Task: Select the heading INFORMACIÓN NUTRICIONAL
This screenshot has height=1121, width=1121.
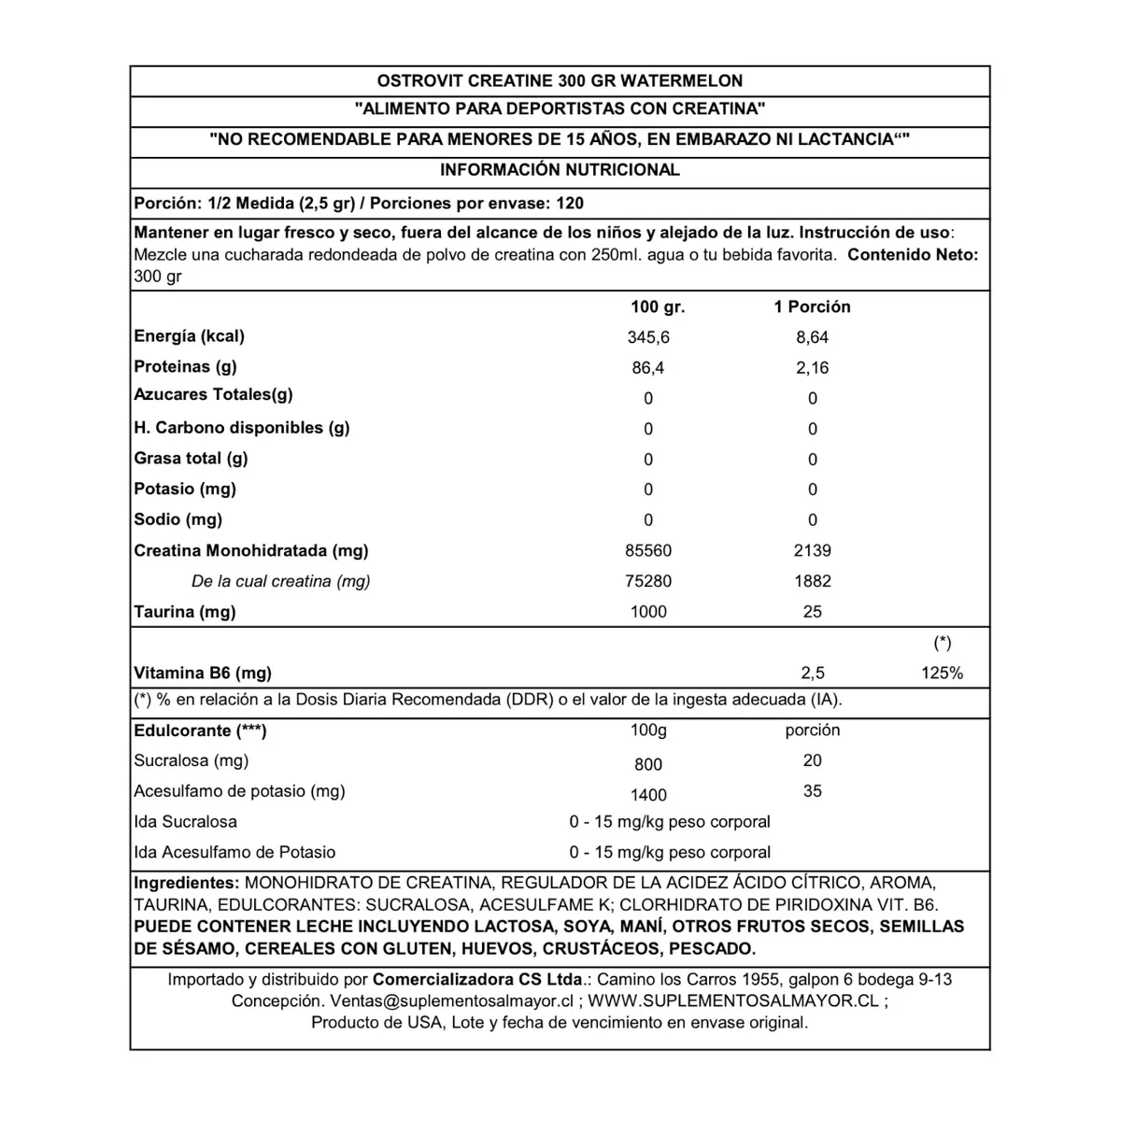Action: (560, 170)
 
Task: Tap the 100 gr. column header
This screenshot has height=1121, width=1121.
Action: (658, 306)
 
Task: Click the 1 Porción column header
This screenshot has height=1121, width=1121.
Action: (812, 306)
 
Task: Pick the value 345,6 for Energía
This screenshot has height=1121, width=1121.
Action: (648, 337)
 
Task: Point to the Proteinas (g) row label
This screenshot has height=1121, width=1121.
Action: (185, 366)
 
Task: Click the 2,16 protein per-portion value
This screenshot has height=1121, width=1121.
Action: (812, 368)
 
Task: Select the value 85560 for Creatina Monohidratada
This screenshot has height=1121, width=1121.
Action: (648, 551)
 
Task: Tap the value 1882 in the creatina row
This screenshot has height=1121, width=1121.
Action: (812, 581)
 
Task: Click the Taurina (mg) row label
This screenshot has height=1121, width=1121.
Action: (185, 612)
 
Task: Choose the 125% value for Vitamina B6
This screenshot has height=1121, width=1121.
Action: (942, 673)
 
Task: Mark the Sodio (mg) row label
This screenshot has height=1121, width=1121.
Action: (178, 519)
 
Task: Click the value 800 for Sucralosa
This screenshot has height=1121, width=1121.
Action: (648, 764)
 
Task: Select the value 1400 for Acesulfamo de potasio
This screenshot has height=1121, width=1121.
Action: (648, 795)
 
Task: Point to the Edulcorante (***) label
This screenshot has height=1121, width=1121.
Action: (200, 731)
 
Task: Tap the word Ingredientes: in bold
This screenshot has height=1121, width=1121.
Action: (187, 883)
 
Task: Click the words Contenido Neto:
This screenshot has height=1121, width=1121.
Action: (912, 255)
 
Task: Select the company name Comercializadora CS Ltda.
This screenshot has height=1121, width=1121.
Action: (477, 979)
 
